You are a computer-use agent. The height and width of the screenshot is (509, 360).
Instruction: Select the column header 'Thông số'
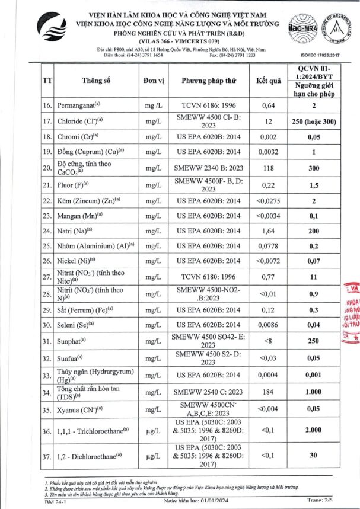coord(97,81)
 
